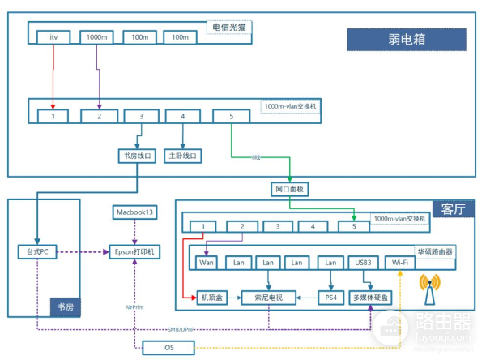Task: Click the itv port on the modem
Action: [x=54, y=37]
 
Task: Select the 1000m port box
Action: [x=96, y=37]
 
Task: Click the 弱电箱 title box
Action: [x=407, y=40]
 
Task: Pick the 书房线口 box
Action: [x=135, y=155]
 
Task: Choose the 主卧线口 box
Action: [x=182, y=155]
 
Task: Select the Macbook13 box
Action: [x=134, y=212]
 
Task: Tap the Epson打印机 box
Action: [x=134, y=251]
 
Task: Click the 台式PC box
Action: [x=38, y=251]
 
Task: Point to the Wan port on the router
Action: [x=207, y=262]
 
